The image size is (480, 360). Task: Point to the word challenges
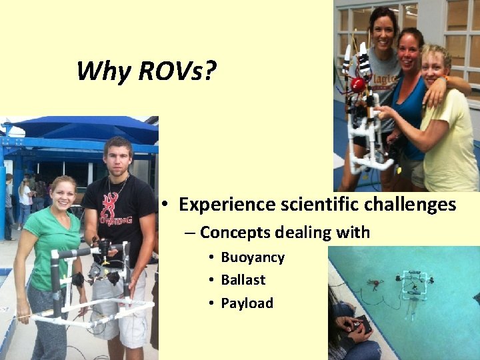pos(409,204)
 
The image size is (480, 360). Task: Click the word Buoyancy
pos(253,257)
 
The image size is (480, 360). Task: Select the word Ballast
pos(243,280)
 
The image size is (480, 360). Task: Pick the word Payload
pos(247,303)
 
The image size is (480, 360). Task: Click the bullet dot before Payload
pos(210,304)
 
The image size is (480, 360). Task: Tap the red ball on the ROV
pos(358,85)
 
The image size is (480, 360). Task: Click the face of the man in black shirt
pos(117,157)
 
